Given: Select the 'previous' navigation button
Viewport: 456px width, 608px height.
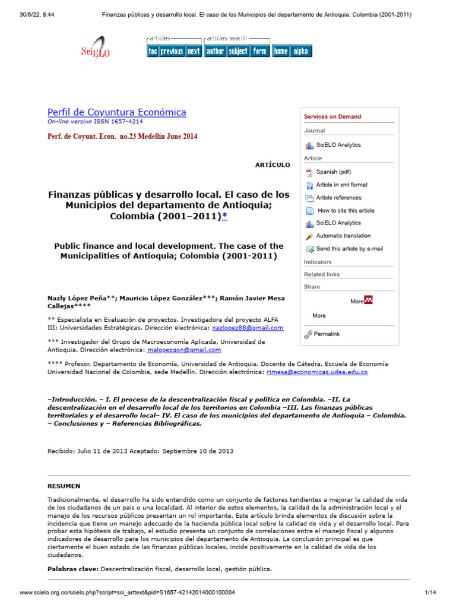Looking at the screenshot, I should tap(172, 51).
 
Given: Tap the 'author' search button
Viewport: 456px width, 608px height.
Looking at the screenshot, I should tap(215, 51).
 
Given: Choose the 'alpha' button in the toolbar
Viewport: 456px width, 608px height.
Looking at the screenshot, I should tap(300, 51).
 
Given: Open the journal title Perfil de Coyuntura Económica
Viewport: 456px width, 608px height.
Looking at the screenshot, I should tap(116, 112).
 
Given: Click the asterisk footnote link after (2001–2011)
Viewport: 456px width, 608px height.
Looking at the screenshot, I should tap(224, 216).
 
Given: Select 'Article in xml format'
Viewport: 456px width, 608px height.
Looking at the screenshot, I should tap(341, 185).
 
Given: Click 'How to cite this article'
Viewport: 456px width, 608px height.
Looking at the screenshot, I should tap(346, 210).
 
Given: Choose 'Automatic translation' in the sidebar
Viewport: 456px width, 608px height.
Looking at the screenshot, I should tap(343, 236).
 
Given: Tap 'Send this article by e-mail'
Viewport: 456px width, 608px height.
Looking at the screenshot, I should tap(349, 249).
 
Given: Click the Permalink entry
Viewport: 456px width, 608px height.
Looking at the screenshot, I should tap(327, 334).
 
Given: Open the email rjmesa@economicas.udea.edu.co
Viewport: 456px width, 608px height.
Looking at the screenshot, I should tap(316, 372).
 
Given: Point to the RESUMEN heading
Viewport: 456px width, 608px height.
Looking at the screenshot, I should tap(64, 486).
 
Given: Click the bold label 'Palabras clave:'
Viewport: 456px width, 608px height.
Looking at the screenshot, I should tap(72, 569).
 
